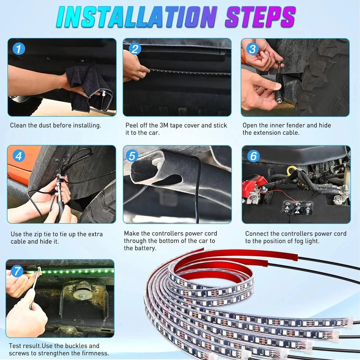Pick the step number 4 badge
coord(19,156)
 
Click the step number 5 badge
coord(132,156)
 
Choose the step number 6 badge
coord(253,156)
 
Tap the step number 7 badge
coord(17,270)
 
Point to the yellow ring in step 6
coord(291,170)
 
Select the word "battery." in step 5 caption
coord(144,248)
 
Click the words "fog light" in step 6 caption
coord(307,241)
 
